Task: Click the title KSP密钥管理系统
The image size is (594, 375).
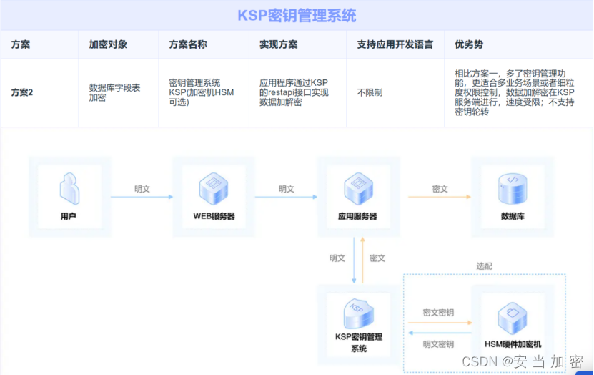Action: (x=297, y=16)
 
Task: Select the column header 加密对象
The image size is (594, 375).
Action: (x=108, y=44)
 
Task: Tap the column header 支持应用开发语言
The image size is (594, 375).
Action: (x=395, y=44)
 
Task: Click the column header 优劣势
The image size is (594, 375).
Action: (x=469, y=44)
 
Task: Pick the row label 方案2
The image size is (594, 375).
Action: (x=22, y=92)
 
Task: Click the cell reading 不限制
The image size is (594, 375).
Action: (x=370, y=92)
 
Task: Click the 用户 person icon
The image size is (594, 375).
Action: (x=69, y=189)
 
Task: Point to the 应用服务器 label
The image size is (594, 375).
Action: (x=357, y=216)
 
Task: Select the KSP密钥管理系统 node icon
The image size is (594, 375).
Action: (x=358, y=313)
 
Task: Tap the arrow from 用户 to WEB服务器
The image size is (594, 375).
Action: (x=142, y=197)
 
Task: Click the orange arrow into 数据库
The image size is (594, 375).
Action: (x=440, y=197)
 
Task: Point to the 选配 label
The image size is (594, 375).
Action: (x=484, y=266)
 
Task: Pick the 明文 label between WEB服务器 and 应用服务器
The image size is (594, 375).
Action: (x=287, y=189)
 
